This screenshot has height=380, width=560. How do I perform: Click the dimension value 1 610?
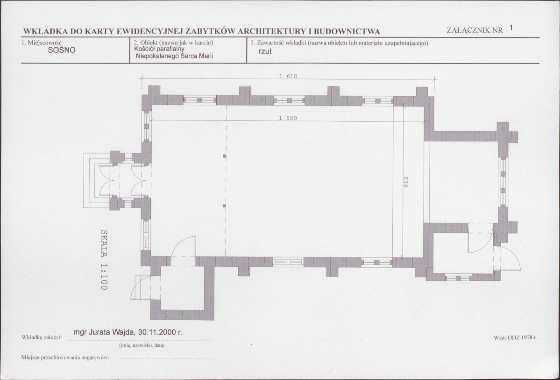pos(288,76)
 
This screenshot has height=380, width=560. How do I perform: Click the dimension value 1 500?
pos(288,118)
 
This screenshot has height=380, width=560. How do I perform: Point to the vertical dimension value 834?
pos(405,181)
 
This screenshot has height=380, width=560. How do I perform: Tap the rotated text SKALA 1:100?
pos(104,260)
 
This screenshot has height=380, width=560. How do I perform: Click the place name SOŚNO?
pos(62,50)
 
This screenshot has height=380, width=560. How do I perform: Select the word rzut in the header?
pos(265,51)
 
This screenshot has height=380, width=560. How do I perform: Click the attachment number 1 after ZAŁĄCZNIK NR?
pos(511,28)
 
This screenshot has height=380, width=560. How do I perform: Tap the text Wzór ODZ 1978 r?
pos(515,337)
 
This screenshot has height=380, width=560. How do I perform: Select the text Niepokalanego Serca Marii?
pos(174,56)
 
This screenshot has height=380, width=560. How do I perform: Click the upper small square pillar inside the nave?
pos(225,156)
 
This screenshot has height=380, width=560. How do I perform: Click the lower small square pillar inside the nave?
pos(225,206)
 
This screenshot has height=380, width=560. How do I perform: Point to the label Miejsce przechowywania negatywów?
pos(65,358)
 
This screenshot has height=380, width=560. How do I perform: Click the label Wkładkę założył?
pos(42,337)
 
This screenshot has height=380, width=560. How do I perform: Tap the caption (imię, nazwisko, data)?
pos(142,346)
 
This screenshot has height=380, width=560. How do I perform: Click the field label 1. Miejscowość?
pos(42,43)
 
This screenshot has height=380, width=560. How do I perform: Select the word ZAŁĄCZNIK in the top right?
pos(468,30)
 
